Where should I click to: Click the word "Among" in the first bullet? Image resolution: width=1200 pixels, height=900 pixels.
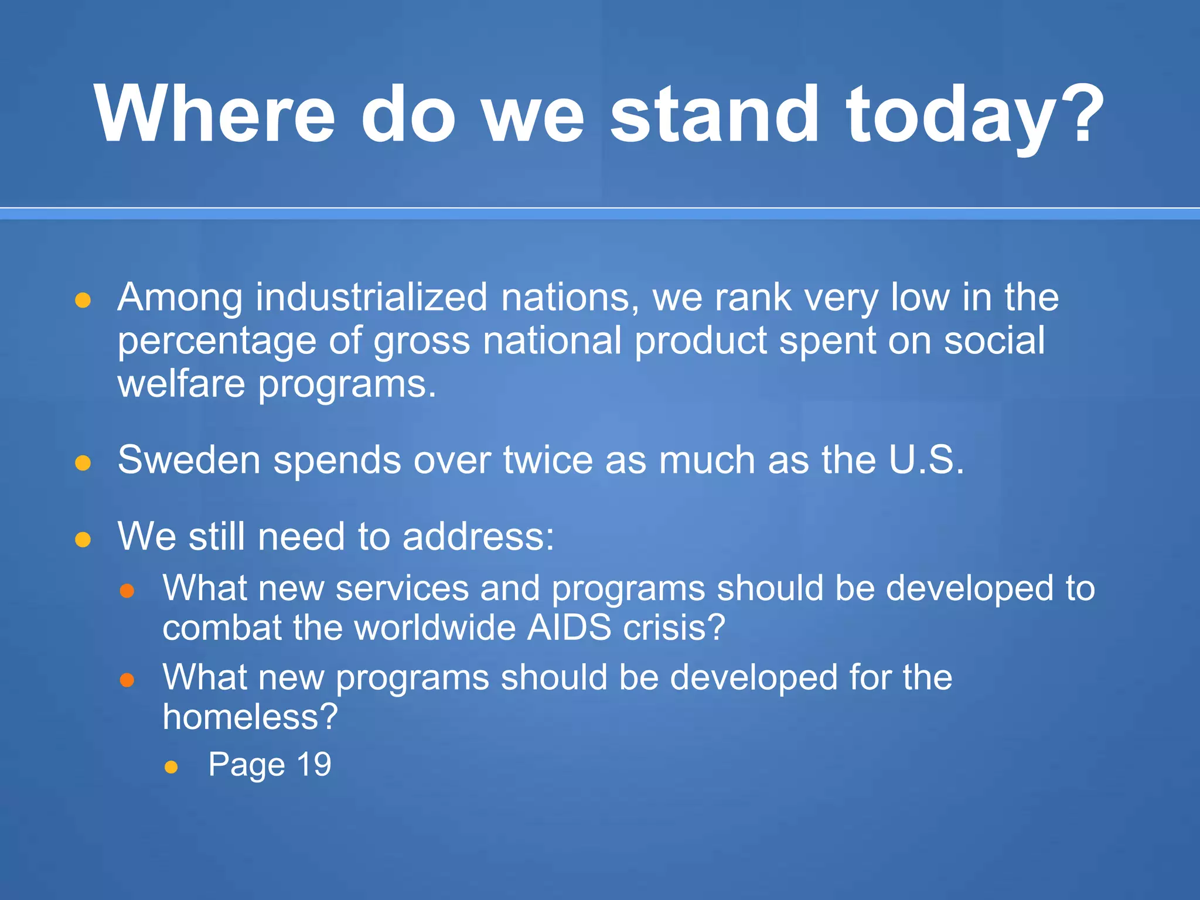click(180, 297)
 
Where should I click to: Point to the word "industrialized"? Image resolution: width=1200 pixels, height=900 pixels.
click(371, 297)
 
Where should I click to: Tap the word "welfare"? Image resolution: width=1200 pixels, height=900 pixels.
click(181, 384)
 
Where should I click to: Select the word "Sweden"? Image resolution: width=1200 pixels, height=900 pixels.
click(189, 459)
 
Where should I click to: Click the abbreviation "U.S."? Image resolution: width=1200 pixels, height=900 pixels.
click(926, 459)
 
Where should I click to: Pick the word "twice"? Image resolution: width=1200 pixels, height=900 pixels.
click(548, 459)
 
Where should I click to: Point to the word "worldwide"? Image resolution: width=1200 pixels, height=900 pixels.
click(435, 628)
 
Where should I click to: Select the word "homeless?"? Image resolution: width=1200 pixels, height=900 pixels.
click(250, 716)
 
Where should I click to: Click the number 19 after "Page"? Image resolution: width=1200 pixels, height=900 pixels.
click(314, 763)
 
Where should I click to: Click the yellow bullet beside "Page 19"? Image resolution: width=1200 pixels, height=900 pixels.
click(171, 767)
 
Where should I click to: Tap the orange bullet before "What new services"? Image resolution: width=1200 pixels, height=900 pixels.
click(127, 591)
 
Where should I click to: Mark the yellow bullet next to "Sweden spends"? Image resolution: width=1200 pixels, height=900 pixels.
click(83, 463)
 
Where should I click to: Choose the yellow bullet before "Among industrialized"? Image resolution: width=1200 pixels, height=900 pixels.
click(83, 301)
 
